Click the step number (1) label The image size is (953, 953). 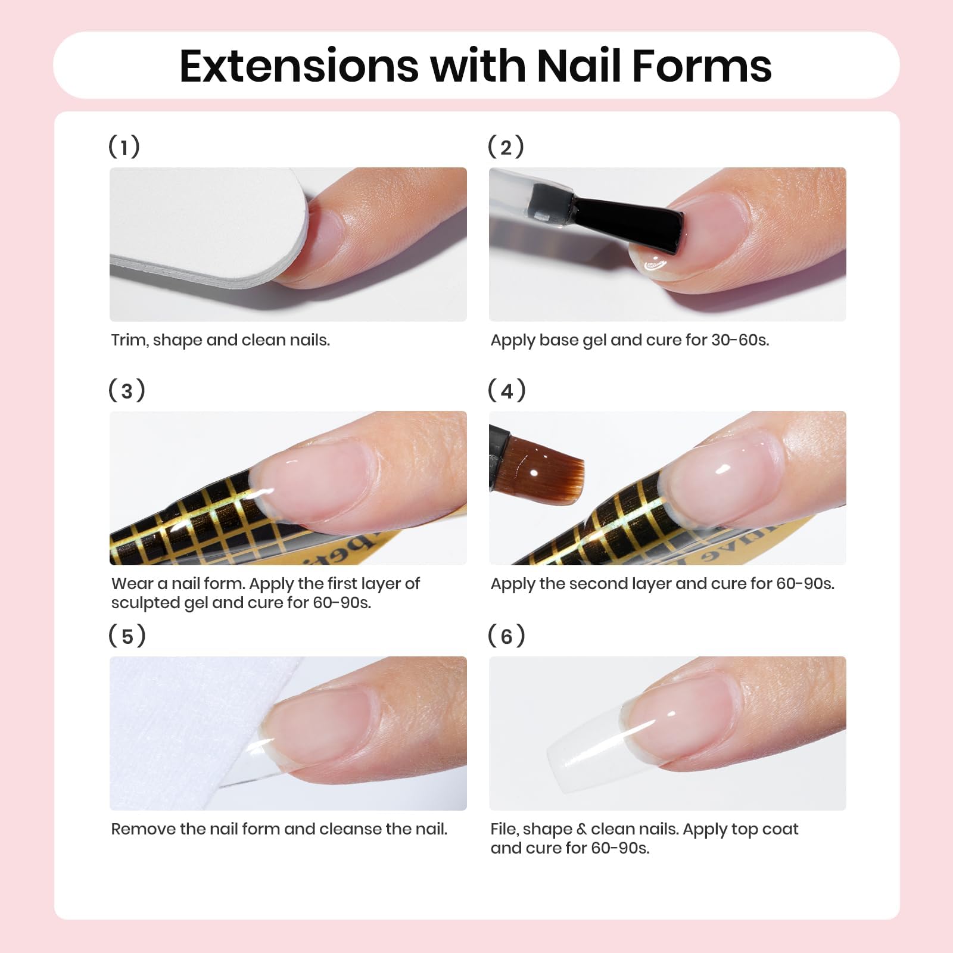coord(124,147)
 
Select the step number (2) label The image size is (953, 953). coord(506,147)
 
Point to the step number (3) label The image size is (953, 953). coord(126,390)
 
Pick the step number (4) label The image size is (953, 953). coord(506,390)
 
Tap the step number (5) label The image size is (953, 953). coord(127,636)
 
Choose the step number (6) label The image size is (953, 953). coord(506,636)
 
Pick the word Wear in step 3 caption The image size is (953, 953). coord(132,584)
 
